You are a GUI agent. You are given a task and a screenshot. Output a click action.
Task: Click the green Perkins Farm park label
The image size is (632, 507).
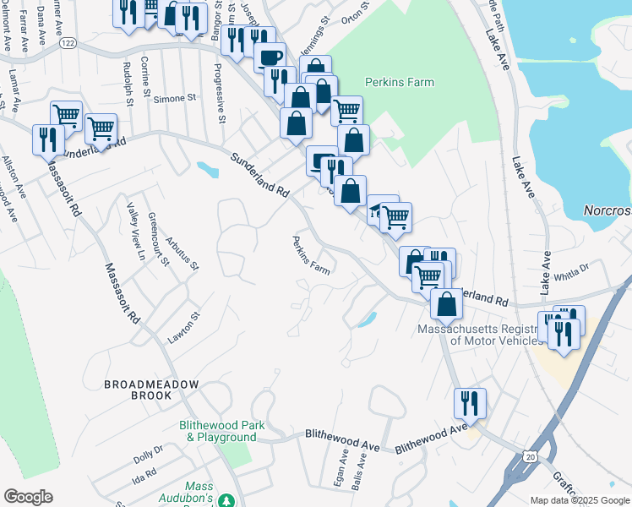(399, 82)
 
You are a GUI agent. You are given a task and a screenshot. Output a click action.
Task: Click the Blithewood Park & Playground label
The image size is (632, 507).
(217, 431)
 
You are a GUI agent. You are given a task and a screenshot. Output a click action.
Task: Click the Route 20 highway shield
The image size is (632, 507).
(530, 457)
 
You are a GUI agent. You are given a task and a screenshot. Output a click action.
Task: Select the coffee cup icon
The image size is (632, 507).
(270, 57)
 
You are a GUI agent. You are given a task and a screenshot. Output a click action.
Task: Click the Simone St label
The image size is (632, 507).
(174, 99)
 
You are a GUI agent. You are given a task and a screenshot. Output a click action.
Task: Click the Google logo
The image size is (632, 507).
(28, 497)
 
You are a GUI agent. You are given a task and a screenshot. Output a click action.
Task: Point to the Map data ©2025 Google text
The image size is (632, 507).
(579, 500)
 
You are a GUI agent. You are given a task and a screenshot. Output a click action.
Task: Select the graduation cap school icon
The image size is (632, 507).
(375, 210)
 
